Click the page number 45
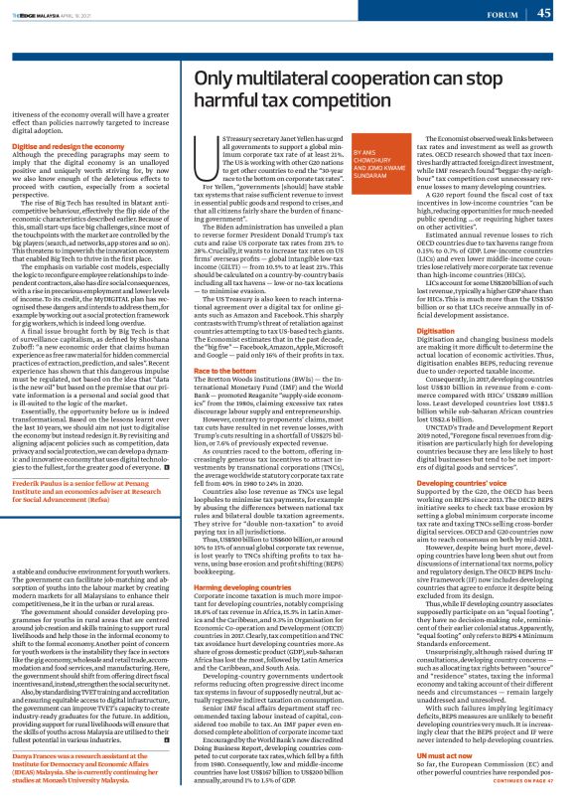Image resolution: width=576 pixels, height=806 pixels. point(544,13)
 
